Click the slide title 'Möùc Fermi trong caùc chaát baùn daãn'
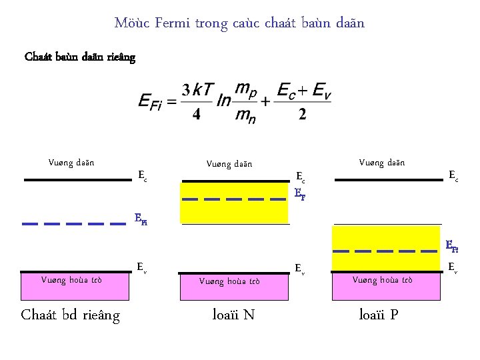click(239, 23)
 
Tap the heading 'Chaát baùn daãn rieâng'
click(80, 57)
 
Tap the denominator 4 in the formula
click(196, 114)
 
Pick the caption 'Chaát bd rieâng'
click(71, 315)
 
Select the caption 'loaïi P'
click(379, 315)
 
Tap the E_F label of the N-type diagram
click(299, 195)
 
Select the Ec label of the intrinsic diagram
click(142, 175)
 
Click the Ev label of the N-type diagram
click(301, 268)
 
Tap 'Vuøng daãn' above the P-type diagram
click(382, 162)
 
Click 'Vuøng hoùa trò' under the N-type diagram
click(229, 281)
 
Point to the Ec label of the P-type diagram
click(453, 175)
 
